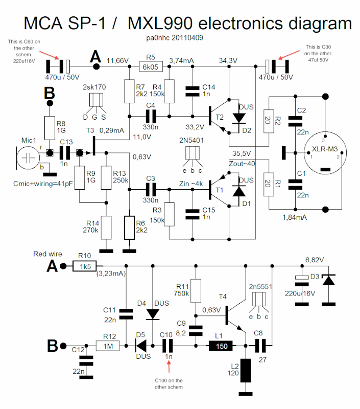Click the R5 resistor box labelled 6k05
151,67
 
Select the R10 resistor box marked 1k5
84,266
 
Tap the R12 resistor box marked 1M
108,346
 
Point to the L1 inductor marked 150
221,346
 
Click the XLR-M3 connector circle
325,153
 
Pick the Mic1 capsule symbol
28,158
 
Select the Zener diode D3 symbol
328,280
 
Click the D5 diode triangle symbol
140,346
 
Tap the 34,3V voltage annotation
228,61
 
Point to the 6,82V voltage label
315,260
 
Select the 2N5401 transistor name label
191,141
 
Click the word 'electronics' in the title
240,24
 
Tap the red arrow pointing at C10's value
169,367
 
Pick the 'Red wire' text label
47,254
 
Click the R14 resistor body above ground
106,228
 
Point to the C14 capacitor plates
192,92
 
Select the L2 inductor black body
246,370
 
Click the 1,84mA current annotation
295,218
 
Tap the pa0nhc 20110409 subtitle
174,38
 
